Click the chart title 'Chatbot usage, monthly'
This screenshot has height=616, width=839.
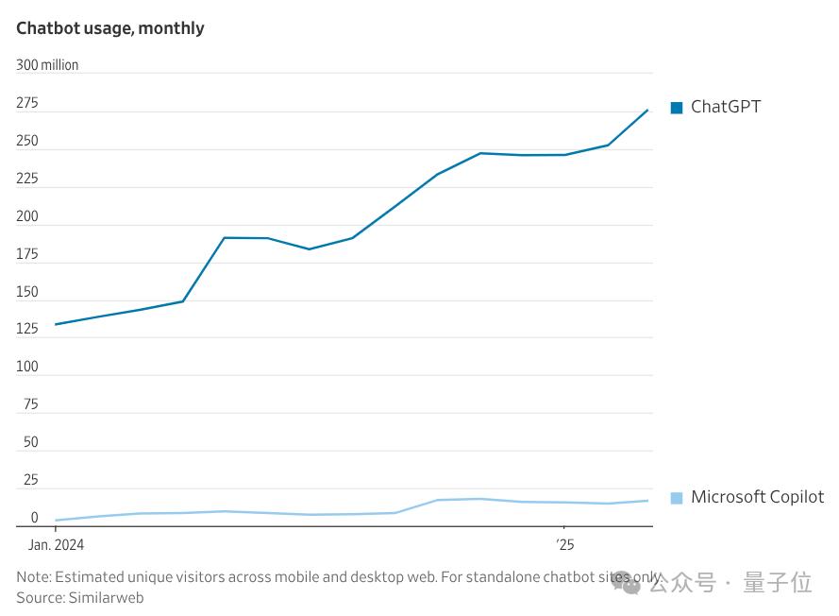(110, 28)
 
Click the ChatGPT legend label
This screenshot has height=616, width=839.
(725, 107)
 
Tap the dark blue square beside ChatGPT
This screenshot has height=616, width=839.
(677, 108)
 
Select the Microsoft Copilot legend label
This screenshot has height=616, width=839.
(757, 497)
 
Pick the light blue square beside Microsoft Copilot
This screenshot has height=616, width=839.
(677, 498)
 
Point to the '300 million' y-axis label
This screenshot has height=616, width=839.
(47, 65)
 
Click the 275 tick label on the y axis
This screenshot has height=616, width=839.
(27, 103)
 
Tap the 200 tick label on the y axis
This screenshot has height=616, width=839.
(27, 216)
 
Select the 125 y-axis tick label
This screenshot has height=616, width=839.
(27, 329)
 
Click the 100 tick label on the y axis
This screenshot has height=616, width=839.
(27, 367)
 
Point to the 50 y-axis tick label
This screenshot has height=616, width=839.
(31, 442)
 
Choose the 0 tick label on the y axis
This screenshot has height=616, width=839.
(34, 518)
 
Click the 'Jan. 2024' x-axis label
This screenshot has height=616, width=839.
(56, 545)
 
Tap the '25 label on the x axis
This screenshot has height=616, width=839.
(564, 545)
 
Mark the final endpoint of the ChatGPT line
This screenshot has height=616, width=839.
(648, 110)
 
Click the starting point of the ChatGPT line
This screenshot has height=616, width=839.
(56, 324)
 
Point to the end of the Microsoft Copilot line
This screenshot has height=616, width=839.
(648, 501)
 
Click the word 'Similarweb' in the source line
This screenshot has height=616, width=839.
(106, 597)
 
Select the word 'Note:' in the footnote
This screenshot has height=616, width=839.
(34, 576)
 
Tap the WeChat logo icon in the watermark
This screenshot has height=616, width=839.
(626, 584)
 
